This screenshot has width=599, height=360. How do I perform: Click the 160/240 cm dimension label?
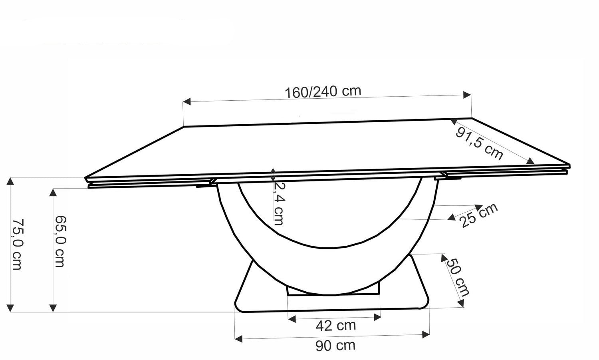pos(323,91)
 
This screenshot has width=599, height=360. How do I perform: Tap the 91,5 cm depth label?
pos(479,143)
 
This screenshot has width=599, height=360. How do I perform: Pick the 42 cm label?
pos(335,326)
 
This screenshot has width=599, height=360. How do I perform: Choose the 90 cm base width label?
pos(335,345)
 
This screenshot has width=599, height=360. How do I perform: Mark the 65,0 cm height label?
pos(60,241)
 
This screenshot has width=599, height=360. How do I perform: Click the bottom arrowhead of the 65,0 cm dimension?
pos(53,307)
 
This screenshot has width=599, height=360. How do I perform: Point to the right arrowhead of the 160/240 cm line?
pos(467,95)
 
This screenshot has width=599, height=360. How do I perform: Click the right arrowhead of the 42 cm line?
pos(377,317)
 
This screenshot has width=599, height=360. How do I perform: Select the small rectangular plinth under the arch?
pos(333,291)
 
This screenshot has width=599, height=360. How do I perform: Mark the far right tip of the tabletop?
pos(569,165)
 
